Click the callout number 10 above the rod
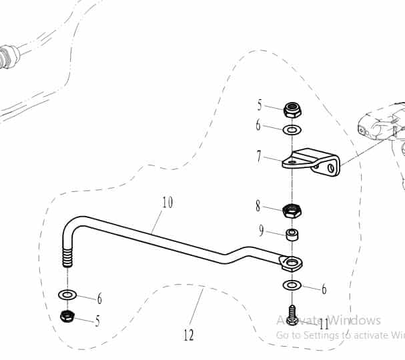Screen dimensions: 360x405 coord(167,202)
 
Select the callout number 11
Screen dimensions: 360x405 coord(324,325)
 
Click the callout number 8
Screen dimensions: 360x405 coord(258,206)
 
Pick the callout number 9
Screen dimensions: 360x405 coord(262,231)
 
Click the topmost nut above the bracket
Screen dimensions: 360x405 coord(292,109)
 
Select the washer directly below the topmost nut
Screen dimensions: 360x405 coord(292,129)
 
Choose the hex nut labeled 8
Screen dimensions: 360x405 coord(292,211)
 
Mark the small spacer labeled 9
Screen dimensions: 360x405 coord(292,235)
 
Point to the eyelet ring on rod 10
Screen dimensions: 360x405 coord(291,263)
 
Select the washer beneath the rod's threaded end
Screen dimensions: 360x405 coord(67,294)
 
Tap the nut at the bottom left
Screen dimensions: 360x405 coord(67,315)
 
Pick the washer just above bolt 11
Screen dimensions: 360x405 coord(292,285)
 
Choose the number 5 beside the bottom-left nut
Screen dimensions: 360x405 coord(97,321)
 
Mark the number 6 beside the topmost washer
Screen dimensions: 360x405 coord(258,125)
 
